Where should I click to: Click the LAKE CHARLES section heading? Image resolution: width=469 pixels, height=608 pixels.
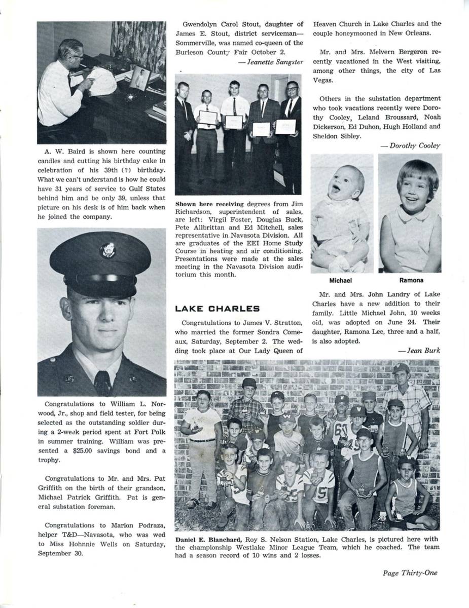tap(217, 309)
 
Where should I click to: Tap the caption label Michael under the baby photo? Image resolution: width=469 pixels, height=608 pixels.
tap(340, 280)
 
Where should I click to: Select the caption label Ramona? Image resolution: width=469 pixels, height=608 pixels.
tap(411, 280)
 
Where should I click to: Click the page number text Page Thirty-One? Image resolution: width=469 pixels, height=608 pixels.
tap(410, 573)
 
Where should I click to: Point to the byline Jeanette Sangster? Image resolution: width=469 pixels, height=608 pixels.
tap(275, 62)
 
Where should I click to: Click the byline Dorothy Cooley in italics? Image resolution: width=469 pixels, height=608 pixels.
tap(415, 145)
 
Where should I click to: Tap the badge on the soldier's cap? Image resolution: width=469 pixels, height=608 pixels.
tap(107, 250)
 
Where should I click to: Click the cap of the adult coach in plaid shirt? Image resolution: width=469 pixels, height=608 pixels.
tap(401, 368)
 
